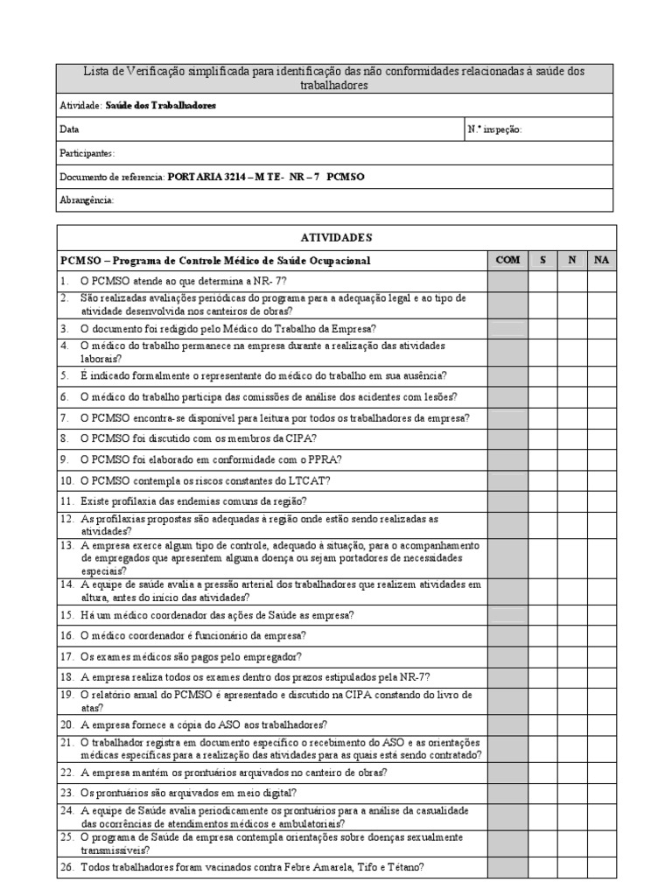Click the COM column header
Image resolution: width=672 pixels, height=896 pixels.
point(507,261)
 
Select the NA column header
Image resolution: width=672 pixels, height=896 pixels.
point(600,261)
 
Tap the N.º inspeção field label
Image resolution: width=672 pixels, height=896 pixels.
point(494,129)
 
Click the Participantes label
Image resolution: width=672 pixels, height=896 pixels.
point(87,153)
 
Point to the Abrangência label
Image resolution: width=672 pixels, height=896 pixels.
point(86,200)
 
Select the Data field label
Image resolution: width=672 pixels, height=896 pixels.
point(69,129)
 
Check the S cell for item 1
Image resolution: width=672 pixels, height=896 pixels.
point(542,281)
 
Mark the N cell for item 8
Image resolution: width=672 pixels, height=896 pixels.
point(572,437)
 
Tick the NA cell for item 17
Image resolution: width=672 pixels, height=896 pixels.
point(600,656)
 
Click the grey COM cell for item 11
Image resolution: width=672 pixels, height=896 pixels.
point(507,501)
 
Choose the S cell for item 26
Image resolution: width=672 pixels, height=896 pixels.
point(542,868)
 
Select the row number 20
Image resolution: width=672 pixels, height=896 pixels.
point(66,724)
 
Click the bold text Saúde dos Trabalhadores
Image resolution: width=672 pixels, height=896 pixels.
point(160,105)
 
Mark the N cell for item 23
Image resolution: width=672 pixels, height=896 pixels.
point(572,794)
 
